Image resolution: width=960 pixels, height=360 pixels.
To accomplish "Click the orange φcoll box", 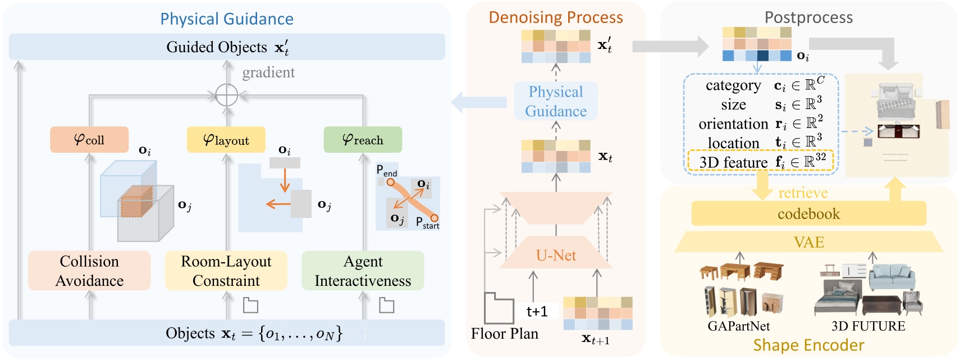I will tap(89, 139).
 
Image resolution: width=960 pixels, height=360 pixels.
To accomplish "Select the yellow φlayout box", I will tap(226, 139).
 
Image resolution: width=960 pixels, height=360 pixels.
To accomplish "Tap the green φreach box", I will tap(363, 139).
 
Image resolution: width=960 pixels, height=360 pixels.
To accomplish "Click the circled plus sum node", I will tap(227, 95).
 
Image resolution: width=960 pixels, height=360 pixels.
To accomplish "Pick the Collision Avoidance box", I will tap(89, 271).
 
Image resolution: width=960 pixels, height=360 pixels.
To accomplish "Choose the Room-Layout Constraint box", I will tap(226, 271).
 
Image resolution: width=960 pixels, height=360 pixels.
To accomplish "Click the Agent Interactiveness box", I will tap(363, 271).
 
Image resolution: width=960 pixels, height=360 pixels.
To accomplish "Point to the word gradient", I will tap(268, 72).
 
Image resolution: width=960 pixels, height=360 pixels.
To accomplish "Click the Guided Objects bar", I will tap(227, 47).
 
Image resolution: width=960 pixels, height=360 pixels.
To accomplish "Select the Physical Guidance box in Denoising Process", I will tap(556, 101).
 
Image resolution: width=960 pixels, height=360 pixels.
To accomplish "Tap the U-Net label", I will tap(556, 256).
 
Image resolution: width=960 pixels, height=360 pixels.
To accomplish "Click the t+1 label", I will tap(537, 312).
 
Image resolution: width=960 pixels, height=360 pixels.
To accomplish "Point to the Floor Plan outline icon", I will tap(499, 308).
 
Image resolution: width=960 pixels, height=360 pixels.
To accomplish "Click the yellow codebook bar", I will tap(808, 214).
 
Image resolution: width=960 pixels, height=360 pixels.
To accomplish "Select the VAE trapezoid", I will tap(808, 242).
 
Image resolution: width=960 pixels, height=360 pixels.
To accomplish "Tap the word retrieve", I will tap(803, 193).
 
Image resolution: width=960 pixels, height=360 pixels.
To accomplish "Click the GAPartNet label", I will tap(738, 326).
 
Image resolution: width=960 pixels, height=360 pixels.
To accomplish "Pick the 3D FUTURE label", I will tap(868, 326).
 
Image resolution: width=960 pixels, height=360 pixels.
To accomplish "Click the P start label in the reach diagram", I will tap(427, 223).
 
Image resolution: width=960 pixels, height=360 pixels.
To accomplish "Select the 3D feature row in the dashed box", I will tap(761, 162).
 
